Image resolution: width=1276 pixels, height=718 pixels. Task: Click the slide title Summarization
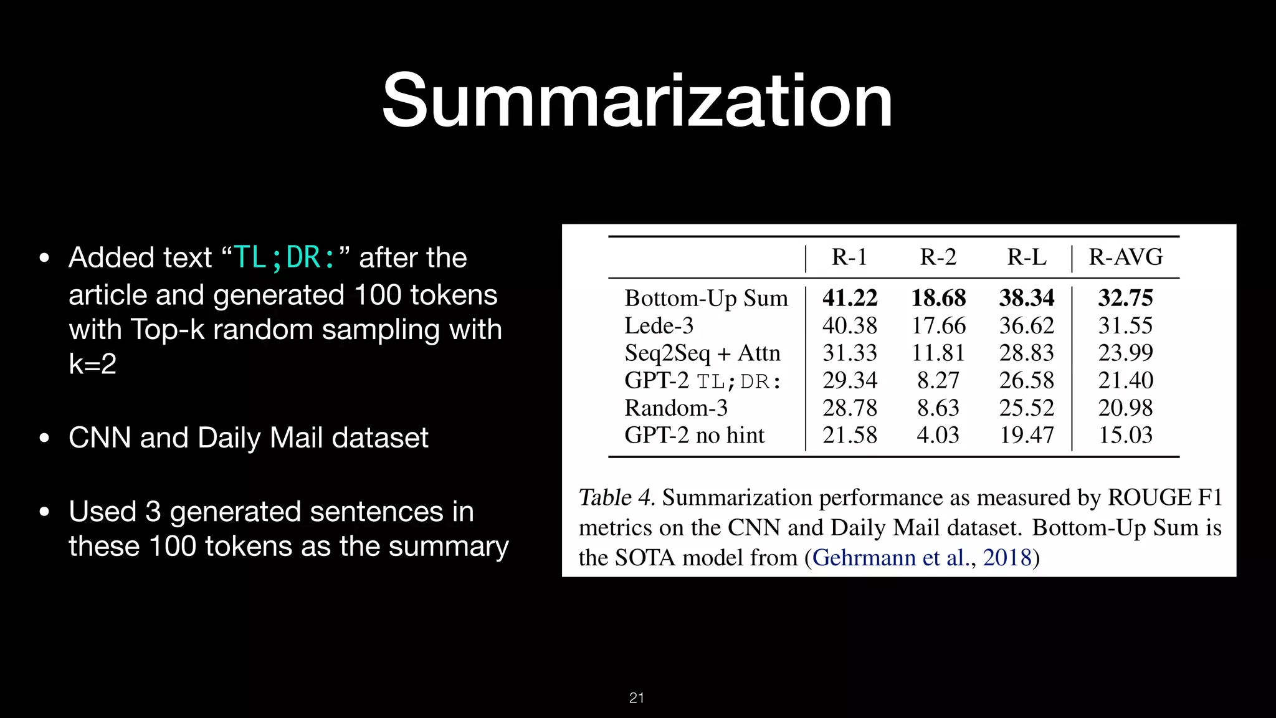[x=637, y=101]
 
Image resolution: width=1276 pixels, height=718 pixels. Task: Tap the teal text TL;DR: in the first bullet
[x=284, y=257]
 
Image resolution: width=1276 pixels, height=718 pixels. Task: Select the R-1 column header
[x=849, y=257]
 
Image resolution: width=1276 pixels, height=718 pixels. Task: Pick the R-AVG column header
[x=1125, y=257]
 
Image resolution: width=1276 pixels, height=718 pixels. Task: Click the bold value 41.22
[x=849, y=298]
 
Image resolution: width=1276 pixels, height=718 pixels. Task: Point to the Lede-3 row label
[x=659, y=325]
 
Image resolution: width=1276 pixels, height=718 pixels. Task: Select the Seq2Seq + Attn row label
[x=702, y=353]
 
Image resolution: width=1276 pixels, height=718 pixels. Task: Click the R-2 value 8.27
[x=938, y=380]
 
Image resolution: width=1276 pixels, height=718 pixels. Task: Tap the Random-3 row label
[x=676, y=408]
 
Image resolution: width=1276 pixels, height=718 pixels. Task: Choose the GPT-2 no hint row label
[x=694, y=435]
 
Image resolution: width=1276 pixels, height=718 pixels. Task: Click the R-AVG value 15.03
[x=1125, y=435]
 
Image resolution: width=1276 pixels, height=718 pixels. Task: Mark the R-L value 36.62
[x=1026, y=325]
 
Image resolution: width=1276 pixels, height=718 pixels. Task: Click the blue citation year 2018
[x=1007, y=557]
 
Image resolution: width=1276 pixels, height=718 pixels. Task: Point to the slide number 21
[x=637, y=698]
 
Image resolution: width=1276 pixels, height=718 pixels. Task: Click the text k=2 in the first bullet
[x=92, y=364]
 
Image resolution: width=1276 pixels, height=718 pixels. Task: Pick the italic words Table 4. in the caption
[x=616, y=497]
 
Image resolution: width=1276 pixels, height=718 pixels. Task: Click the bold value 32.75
[x=1125, y=298]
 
